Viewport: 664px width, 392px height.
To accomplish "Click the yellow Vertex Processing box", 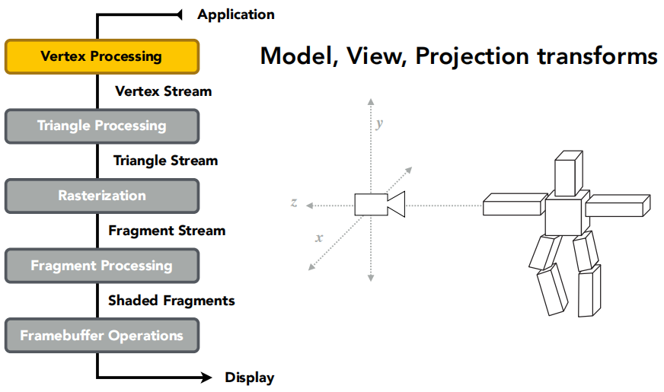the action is [101, 56].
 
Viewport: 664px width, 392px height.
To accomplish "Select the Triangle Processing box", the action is [101, 126].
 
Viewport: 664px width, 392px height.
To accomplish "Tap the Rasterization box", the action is [101, 196].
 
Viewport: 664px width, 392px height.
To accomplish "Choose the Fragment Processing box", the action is [101, 266].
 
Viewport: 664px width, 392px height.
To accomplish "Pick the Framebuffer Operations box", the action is [101, 336].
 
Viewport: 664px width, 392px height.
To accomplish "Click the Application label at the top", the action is [235, 14].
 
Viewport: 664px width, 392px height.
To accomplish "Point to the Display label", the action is [249, 378].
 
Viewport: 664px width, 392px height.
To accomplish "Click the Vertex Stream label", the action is [163, 91].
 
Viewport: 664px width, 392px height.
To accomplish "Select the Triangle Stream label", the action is [165, 161].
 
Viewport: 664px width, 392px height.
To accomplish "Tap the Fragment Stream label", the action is [167, 231].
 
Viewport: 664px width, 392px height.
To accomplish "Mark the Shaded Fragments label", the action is [171, 301].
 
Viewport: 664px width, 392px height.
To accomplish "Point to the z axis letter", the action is [294, 202].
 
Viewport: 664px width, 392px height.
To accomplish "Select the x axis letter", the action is [319, 237].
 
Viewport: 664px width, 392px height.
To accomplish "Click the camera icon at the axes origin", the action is [378, 204].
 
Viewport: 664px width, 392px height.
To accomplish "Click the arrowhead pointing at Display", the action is [206, 378].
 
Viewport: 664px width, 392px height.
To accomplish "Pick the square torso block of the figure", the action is [565, 215].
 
